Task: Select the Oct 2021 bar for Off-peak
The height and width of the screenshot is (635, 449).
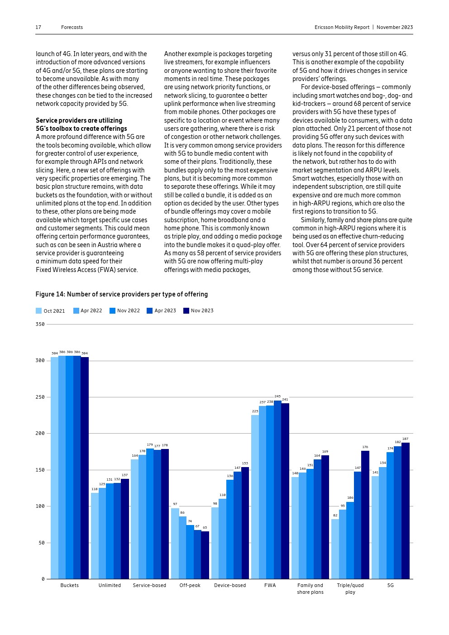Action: (175, 543)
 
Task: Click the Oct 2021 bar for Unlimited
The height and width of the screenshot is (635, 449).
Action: (95, 536)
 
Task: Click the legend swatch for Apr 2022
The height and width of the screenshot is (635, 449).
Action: (76, 311)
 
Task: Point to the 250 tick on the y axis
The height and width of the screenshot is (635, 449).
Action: (40, 397)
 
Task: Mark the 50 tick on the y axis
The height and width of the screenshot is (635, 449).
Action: (42, 543)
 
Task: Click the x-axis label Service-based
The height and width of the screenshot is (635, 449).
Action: (149, 586)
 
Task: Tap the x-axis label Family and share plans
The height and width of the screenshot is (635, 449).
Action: (310, 589)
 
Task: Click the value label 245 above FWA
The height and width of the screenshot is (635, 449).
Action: (277, 396)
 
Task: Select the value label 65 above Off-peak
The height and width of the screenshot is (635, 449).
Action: (205, 528)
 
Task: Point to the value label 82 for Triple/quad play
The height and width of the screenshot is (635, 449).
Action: (335, 516)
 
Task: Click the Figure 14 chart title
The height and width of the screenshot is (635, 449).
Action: (122, 294)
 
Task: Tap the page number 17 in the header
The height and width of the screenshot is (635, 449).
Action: (38, 28)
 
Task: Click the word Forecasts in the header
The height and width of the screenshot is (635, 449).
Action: (72, 28)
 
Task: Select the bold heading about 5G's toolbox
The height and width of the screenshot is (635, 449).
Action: (81, 124)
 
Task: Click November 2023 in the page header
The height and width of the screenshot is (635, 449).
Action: (395, 28)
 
